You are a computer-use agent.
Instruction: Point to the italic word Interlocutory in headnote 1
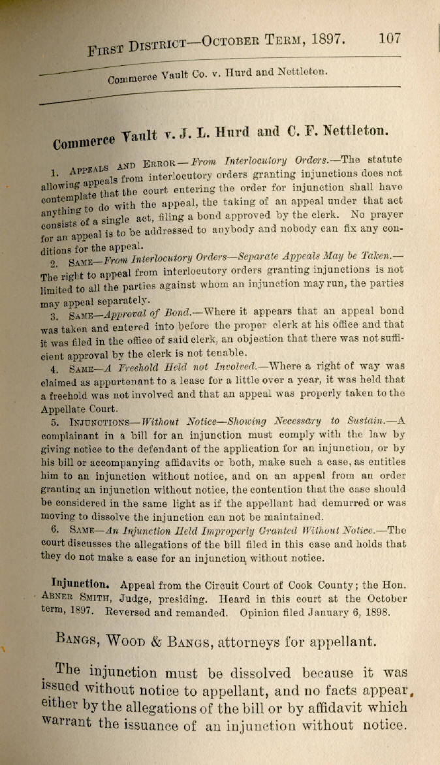click(254, 160)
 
